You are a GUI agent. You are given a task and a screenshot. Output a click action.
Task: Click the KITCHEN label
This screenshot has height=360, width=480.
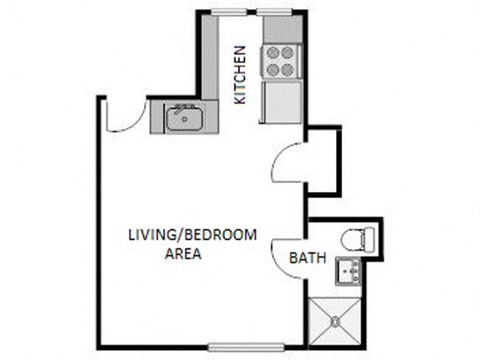[239, 75]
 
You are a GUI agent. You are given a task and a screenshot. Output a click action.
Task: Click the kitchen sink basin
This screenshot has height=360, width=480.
[184, 119]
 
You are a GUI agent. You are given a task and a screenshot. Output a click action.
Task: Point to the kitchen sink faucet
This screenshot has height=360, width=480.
[180, 108]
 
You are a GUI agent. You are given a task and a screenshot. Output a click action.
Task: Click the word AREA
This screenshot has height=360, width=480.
[183, 254]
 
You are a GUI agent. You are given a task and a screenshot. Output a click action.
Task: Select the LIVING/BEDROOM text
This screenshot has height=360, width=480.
[192, 235]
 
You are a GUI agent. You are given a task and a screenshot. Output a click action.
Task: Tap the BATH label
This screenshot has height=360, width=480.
[307, 259]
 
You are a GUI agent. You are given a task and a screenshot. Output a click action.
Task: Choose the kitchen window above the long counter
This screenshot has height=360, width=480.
[229, 12]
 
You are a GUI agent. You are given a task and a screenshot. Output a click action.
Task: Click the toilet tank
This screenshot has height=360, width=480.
[370, 239]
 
